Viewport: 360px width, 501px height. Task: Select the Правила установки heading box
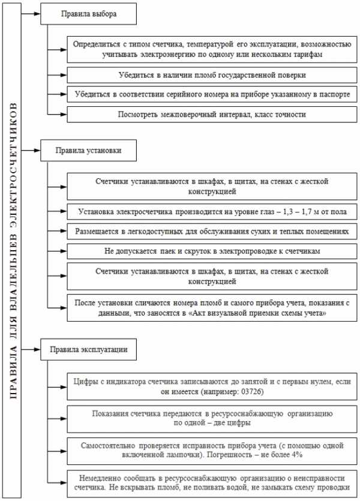(x=88, y=151)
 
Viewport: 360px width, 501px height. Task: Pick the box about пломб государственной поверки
(x=212, y=75)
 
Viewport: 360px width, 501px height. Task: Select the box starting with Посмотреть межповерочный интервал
(x=212, y=114)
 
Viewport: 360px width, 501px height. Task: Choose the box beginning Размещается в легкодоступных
(x=212, y=231)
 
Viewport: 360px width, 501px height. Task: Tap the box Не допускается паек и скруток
(x=212, y=251)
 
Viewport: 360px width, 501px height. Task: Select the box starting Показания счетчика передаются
(x=212, y=418)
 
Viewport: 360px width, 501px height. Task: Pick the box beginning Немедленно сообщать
(x=212, y=482)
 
